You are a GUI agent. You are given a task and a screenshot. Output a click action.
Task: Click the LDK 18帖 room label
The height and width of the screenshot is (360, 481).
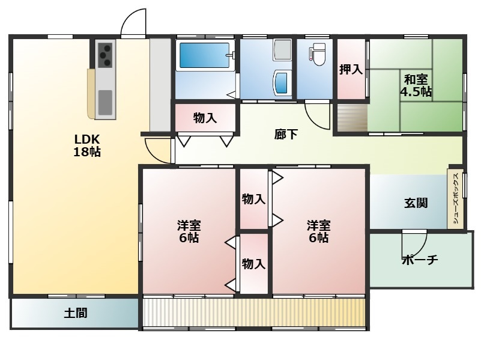[x=88, y=145]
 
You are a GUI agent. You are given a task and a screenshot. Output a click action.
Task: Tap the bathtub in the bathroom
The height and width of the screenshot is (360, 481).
[x=204, y=55]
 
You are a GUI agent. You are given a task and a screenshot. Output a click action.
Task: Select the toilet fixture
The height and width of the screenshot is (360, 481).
[x=318, y=55]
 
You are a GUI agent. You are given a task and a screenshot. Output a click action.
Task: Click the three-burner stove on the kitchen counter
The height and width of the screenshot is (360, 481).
[x=105, y=55]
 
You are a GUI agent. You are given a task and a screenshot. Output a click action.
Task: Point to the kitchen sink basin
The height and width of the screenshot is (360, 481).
[x=105, y=103]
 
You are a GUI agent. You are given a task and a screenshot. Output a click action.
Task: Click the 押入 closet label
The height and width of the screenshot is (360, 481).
[x=351, y=70]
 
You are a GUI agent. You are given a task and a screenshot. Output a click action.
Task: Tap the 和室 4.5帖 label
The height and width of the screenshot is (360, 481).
[x=416, y=85]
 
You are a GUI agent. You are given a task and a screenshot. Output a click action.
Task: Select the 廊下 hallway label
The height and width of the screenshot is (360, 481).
[x=286, y=135]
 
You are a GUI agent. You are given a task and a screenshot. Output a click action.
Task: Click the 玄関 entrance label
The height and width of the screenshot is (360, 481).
[x=416, y=203]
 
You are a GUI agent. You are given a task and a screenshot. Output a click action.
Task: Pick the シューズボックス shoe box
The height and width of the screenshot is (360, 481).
[x=456, y=198]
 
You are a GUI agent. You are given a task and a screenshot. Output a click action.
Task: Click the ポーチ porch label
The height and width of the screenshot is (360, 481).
[x=420, y=260]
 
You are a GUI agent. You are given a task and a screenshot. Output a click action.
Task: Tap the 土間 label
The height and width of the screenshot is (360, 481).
[x=76, y=313]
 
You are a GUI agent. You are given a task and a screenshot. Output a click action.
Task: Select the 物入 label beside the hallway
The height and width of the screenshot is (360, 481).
[x=205, y=118]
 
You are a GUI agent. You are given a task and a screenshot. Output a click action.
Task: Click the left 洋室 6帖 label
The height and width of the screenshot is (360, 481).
[x=189, y=231]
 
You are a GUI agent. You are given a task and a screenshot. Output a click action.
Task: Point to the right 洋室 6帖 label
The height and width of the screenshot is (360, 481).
[x=318, y=231]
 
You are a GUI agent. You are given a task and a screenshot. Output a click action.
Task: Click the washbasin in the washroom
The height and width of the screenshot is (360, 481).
[x=282, y=82]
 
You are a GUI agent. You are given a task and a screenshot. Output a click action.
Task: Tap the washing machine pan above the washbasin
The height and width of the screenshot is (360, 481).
[x=282, y=49]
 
